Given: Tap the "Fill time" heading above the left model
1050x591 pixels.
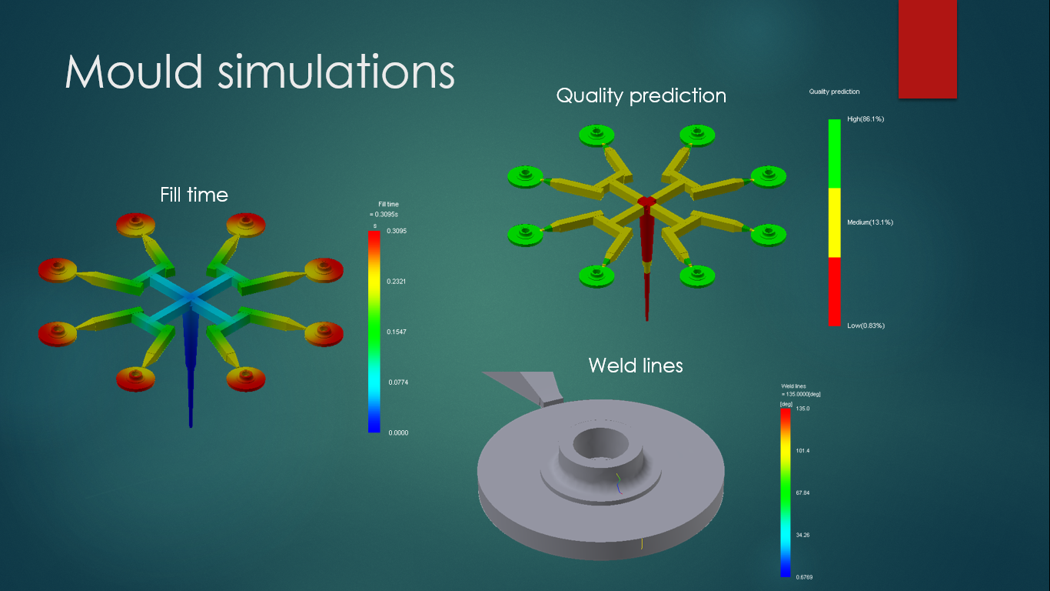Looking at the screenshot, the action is click(x=194, y=195).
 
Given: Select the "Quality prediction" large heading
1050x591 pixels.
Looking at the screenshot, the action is click(x=641, y=96).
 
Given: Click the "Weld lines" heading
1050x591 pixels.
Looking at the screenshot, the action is click(x=636, y=366).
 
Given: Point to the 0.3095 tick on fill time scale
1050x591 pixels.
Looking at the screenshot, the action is click(x=397, y=231).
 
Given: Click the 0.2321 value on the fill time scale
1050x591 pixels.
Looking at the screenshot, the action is click(x=397, y=281).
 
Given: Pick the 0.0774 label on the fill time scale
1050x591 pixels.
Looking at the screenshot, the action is click(x=398, y=382).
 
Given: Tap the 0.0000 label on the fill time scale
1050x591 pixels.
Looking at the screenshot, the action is click(x=398, y=432).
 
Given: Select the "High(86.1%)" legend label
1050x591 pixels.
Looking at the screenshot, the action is click(x=866, y=119).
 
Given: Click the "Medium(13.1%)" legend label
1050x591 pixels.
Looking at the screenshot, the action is click(x=870, y=222).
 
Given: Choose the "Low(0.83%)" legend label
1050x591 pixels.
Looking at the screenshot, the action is click(x=866, y=326).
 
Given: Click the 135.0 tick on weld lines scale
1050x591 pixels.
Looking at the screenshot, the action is click(x=803, y=409).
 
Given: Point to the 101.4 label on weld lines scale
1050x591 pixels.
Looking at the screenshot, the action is click(x=803, y=451).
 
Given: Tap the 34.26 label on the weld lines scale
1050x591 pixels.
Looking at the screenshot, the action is click(x=803, y=535).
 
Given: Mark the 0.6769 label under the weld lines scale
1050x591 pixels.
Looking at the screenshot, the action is click(x=804, y=577).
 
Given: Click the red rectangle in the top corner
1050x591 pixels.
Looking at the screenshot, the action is click(x=928, y=48).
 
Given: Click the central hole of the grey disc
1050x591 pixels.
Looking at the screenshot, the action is click(x=600, y=442).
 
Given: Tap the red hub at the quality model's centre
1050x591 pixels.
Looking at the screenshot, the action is click(x=647, y=202).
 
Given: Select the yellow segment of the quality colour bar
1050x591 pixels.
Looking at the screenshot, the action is click(x=834, y=222).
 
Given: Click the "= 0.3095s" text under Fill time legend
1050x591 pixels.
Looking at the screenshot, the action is click(x=384, y=215).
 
